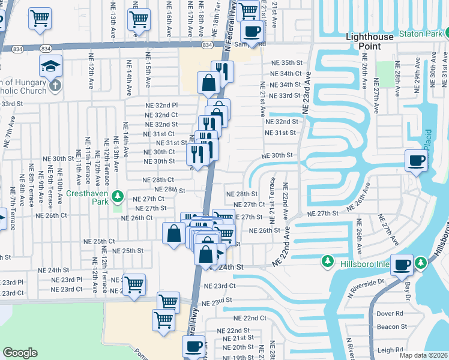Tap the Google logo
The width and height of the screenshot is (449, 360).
pyautogui.click(x=20, y=353)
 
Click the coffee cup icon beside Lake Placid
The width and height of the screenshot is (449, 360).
pyautogui.click(x=416, y=160)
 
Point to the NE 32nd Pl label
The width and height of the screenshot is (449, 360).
pyautogui.click(x=162, y=105)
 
